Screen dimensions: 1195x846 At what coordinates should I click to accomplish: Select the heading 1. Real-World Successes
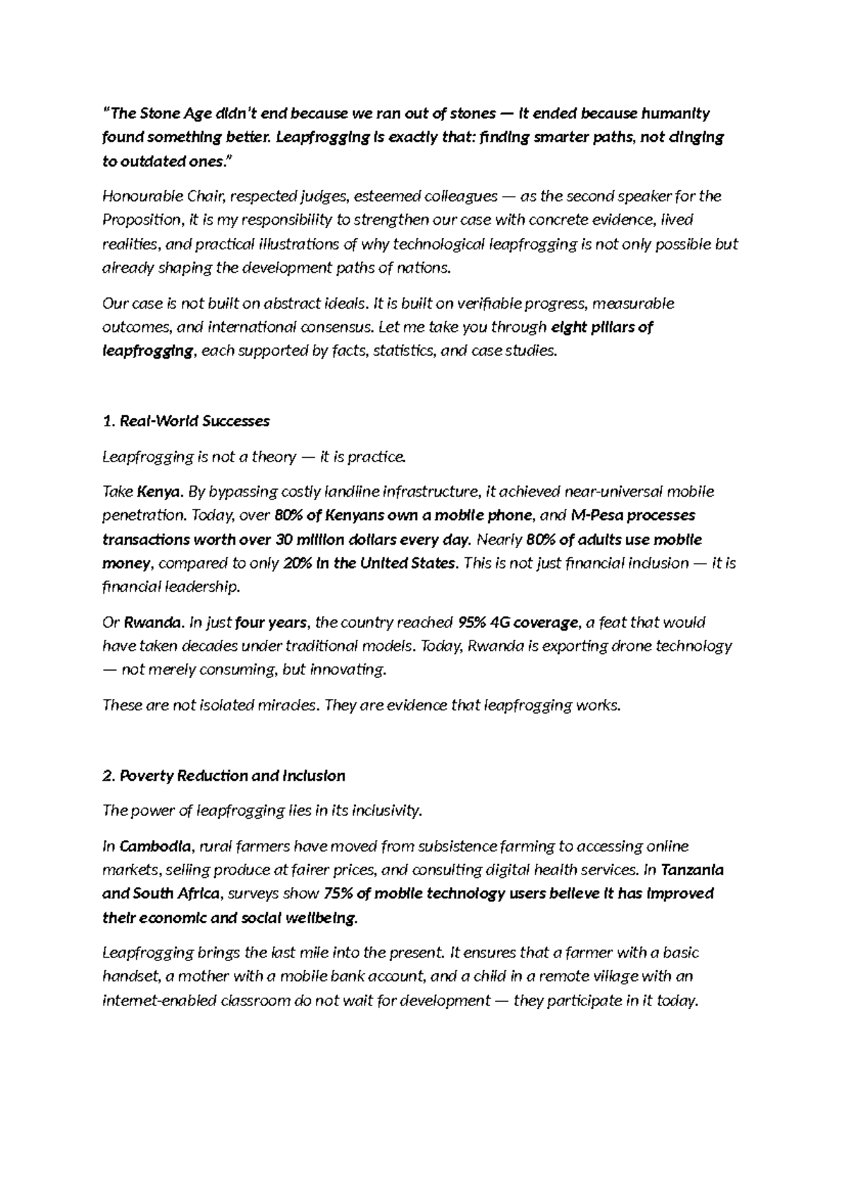tap(186, 421)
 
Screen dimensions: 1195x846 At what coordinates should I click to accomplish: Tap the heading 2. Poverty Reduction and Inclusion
tap(223, 776)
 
